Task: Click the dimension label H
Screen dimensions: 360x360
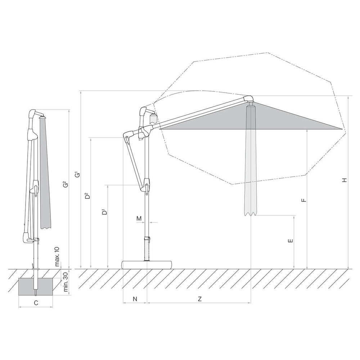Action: click(x=344, y=180)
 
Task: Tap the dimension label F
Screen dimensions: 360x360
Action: click(x=304, y=200)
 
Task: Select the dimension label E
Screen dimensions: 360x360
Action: click(x=291, y=240)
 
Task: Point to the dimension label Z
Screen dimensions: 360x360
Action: click(x=200, y=299)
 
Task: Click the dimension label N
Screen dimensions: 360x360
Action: click(x=135, y=299)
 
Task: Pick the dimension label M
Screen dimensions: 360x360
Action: click(x=139, y=219)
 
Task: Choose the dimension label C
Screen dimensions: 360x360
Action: click(x=36, y=303)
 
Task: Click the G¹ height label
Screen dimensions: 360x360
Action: click(x=78, y=175)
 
